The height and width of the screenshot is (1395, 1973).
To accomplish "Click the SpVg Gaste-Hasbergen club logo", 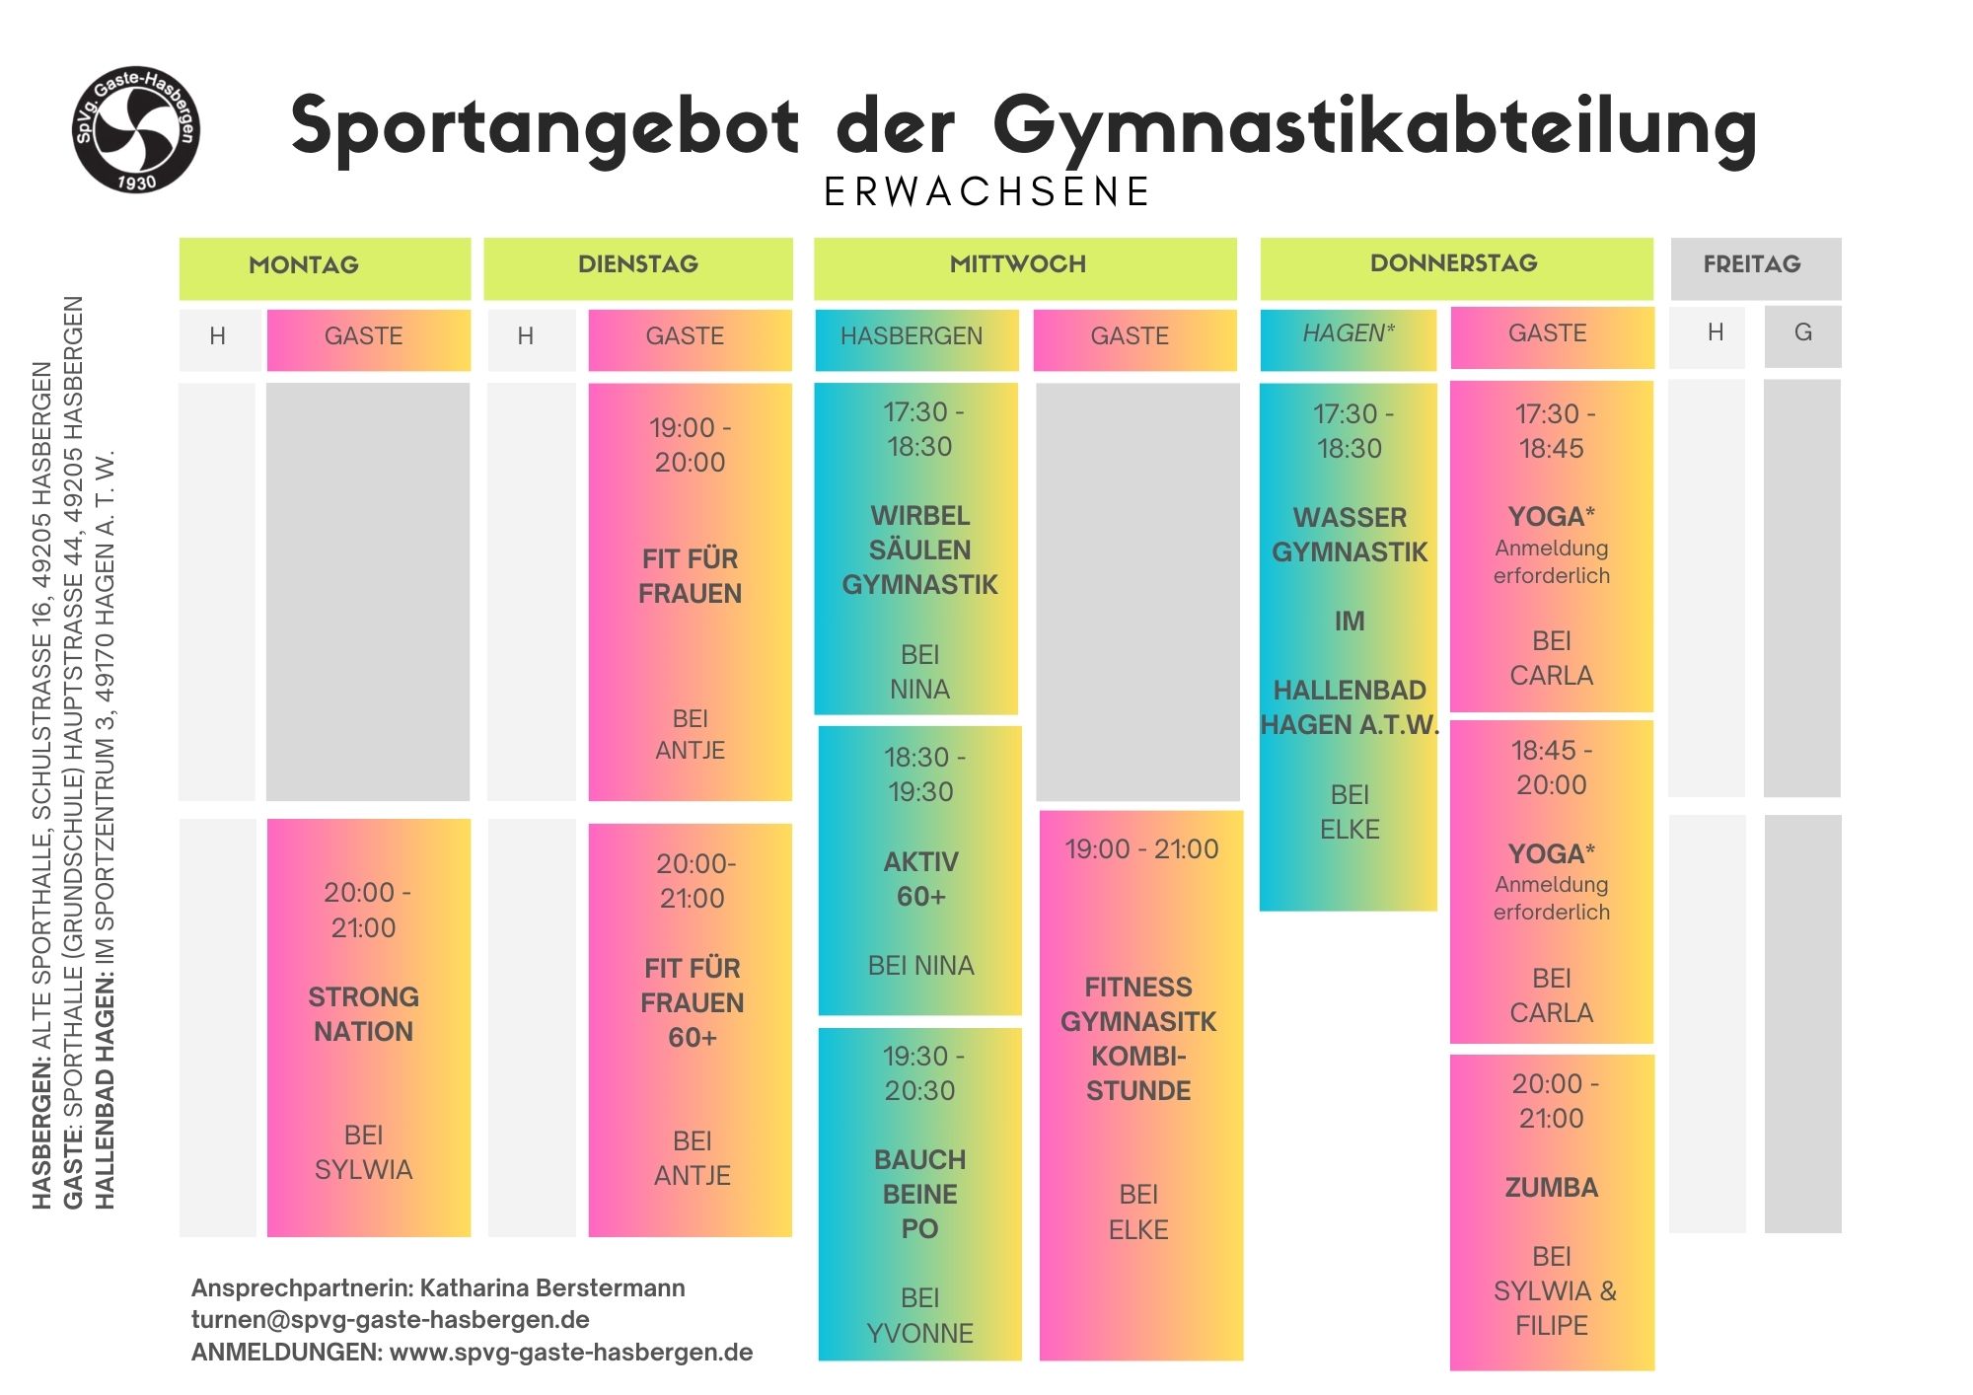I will pos(136,129).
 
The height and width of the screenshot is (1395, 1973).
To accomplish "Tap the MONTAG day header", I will pos(304,264).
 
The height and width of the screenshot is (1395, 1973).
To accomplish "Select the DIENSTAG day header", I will pos(638,263).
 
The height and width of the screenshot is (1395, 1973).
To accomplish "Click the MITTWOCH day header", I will pos(1017,263).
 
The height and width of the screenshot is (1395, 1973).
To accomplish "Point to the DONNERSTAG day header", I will pos(1453,262).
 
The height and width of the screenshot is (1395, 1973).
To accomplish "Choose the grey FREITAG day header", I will pos(1752,264).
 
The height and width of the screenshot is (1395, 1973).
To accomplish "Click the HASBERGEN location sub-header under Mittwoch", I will pos(912,336).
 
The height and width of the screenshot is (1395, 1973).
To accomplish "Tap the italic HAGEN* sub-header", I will pos(1349,333).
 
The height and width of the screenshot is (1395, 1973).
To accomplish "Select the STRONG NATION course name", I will pos(364,1014).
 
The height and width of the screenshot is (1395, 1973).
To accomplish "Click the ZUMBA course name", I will pos(1551,1188).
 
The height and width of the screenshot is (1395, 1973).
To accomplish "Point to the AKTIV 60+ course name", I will pos(921,879).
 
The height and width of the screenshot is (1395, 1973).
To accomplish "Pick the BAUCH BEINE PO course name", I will pos(919,1194).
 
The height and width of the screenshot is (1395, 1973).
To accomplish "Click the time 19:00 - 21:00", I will pos(1141,849).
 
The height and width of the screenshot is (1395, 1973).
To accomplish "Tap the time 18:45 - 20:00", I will pos(1551,768).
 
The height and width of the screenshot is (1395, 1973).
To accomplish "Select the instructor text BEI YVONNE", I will pos(919,1316).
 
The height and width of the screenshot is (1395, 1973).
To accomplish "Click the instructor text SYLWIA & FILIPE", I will pos(1553,1308).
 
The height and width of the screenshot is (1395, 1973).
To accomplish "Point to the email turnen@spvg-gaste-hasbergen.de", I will pos(391,1320).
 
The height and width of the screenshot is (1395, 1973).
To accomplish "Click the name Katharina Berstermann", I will pos(552,1288).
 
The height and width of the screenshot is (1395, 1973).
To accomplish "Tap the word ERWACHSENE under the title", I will pos(986,192).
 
